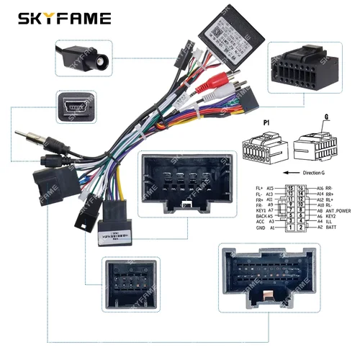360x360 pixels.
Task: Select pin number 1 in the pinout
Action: (290, 228)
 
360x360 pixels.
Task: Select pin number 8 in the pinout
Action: (300, 210)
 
